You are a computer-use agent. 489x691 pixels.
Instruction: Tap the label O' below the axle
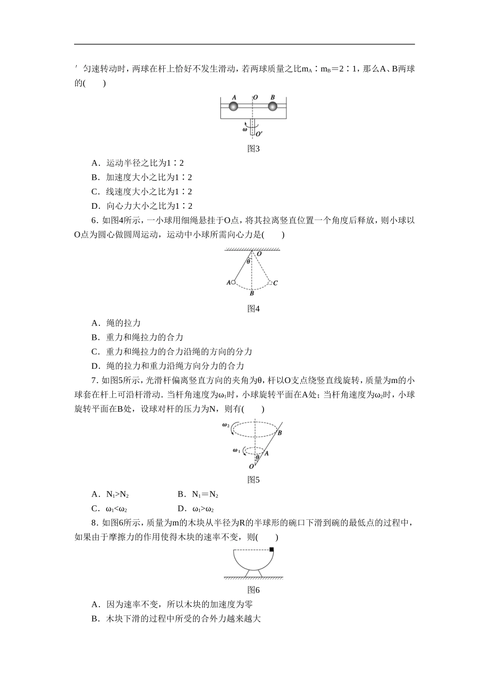pos(259,134)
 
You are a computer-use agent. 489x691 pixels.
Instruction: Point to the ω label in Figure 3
pos(244,130)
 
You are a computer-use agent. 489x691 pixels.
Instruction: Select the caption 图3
pos(253,149)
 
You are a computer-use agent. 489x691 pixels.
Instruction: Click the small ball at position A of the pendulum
pos(233,282)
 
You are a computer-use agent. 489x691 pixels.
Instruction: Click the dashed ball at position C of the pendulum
pos(270,282)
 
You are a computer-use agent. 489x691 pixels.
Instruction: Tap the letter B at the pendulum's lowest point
pos(252,294)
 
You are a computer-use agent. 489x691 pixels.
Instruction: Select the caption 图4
pos(253,308)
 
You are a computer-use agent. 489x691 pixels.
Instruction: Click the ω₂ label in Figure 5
pos(225,425)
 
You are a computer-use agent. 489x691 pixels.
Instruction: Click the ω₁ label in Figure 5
pos(236,450)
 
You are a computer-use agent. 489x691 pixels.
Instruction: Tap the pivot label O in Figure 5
pos(251,466)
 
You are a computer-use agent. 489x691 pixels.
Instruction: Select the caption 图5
pos(253,480)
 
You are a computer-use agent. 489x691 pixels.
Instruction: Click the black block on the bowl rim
pos(272,550)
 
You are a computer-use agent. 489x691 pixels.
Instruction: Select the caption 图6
pos(253,590)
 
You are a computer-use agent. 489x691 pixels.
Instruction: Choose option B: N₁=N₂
pos(198,495)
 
